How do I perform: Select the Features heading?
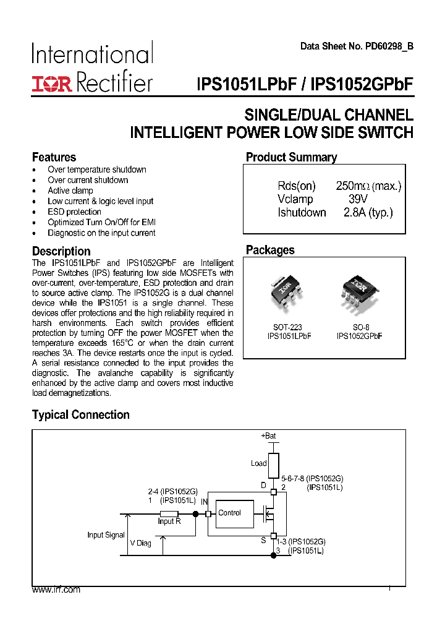tap(54, 157)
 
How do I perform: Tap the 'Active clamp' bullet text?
tap(70, 191)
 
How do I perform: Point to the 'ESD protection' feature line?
tap(74, 212)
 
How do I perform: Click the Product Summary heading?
tap(291, 157)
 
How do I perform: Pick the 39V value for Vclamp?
tap(357, 199)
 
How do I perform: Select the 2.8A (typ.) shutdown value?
tap(368, 213)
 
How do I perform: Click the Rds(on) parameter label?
tap(296, 186)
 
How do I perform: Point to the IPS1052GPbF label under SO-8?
tap(360, 336)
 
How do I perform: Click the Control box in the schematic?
tap(230, 513)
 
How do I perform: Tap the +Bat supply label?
tap(268, 436)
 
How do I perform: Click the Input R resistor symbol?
tap(169, 514)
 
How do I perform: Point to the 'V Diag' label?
tap(140, 543)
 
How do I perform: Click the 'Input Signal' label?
tap(106, 535)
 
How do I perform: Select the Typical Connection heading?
tap(81, 415)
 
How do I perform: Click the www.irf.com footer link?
tap(56, 590)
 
